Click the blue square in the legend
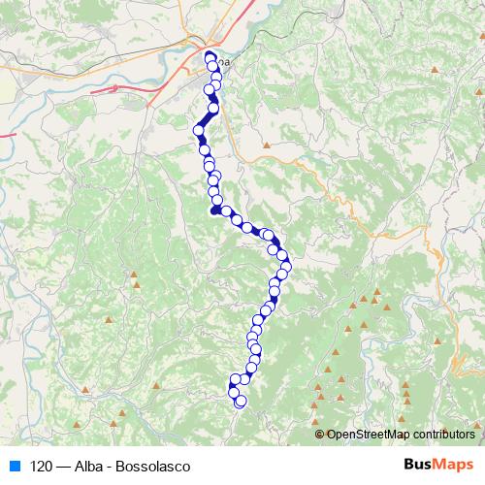14,467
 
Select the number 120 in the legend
41,467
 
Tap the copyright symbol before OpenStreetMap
320,435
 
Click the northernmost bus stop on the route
210,57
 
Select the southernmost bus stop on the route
242,401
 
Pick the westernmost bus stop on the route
199,130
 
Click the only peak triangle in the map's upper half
265,146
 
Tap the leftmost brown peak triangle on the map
86,391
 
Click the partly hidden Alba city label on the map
225,62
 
